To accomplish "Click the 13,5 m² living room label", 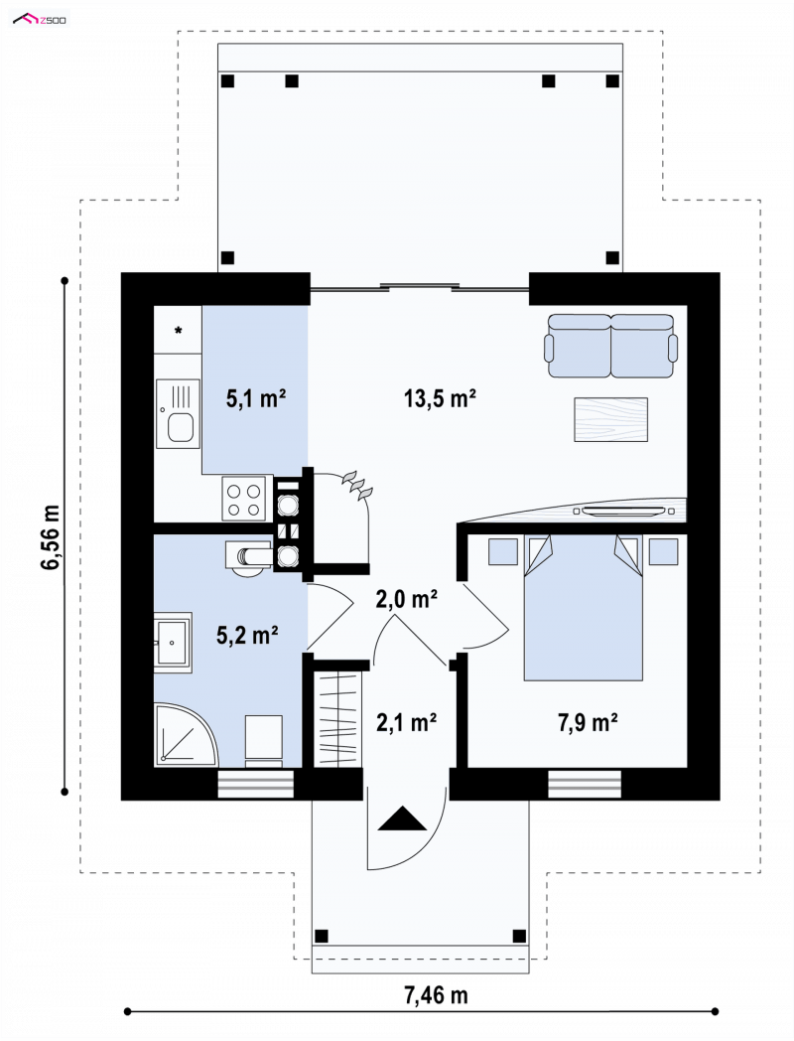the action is point(440,398).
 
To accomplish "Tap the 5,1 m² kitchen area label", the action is point(256,398).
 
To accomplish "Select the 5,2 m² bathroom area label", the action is point(247,635).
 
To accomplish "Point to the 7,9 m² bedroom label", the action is point(588,722).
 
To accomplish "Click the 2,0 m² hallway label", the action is point(406,599).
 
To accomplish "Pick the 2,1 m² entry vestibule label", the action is point(406,722).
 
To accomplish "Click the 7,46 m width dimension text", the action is point(436,994).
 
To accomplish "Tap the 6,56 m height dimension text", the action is point(51,536).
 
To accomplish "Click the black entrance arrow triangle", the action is point(402,818).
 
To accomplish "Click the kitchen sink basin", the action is point(181,427).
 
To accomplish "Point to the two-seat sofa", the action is point(611,346).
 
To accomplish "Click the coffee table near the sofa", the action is point(610,419).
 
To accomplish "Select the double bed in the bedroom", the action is point(584,608).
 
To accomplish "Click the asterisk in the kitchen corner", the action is point(179,330).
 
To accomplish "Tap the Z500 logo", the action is point(40,19).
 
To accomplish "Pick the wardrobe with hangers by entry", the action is point(338,718).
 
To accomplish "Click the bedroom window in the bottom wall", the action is point(585,784).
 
